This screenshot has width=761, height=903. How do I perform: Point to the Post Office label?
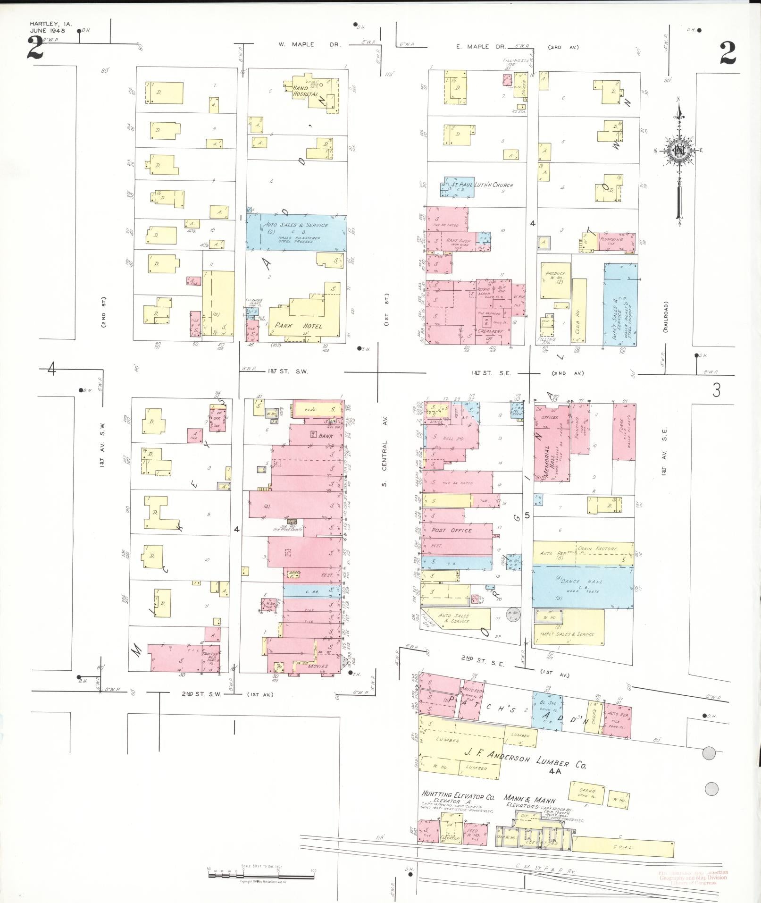click(x=451, y=530)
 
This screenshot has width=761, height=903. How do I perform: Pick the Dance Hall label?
click(x=581, y=582)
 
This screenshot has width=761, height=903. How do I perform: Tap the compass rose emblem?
click(x=679, y=152)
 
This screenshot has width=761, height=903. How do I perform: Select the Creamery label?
click(x=490, y=331)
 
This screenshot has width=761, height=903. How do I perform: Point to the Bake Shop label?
click(x=458, y=241)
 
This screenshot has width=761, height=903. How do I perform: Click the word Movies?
click(x=318, y=666)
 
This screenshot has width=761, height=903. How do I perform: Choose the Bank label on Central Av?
click(x=325, y=436)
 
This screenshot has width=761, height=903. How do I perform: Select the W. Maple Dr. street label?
click(x=309, y=45)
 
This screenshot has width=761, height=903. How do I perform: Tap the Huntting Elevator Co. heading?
click(x=458, y=796)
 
